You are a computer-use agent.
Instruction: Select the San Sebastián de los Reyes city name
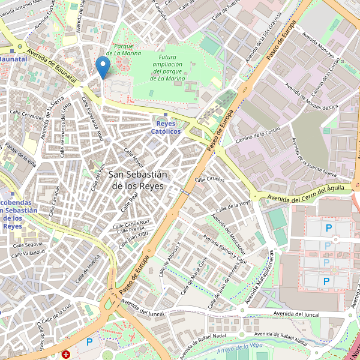tap(139, 179)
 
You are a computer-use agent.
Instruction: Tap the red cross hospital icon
tap(65, 355)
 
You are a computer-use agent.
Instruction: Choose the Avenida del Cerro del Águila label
tap(306, 193)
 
